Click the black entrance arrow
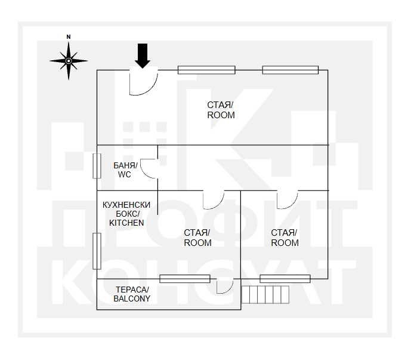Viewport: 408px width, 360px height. click(143, 56)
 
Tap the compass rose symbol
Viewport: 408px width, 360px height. click(69, 61)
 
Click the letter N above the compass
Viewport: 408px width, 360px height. click(69, 37)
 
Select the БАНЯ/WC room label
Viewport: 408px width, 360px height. click(125, 170)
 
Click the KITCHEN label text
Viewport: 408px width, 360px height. click(126, 223)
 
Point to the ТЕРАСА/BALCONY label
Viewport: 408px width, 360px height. click(132, 294)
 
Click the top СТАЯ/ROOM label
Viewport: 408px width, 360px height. click(221, 110)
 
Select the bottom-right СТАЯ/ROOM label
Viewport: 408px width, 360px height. click(285, 238)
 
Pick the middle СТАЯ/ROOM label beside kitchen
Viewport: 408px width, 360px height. click(197, 238)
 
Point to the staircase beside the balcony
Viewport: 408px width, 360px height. click(265, 294)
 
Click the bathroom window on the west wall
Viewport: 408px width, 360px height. click(97, 166)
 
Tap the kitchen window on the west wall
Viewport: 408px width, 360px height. click(97, 251)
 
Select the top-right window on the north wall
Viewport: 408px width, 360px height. click(290, 70)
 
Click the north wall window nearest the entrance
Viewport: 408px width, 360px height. click(206, 70)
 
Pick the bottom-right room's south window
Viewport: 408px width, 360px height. click(285, 279)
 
